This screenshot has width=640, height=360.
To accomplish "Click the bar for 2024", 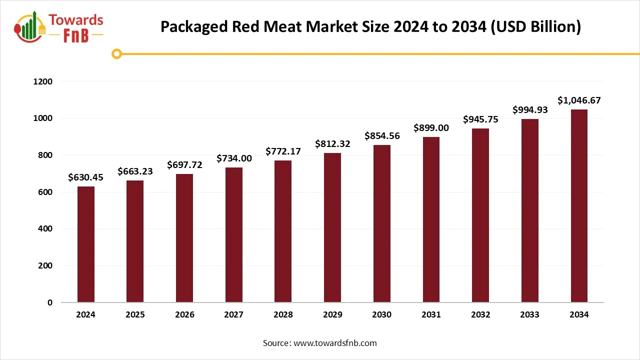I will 85,244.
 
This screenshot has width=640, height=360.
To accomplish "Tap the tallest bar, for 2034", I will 579,206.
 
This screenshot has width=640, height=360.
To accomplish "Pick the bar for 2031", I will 431,219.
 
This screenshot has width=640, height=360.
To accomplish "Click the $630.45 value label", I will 85,177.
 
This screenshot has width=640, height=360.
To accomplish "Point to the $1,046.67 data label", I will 579,100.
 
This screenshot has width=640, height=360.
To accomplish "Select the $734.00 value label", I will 234,158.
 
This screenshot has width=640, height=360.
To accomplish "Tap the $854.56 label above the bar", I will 382,136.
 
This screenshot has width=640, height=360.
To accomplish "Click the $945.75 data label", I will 480,119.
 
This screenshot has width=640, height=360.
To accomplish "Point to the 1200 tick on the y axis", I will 42,81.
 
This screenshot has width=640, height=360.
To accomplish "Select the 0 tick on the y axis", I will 49,302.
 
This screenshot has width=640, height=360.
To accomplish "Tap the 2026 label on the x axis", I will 184,315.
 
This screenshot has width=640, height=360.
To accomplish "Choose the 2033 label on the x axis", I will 529,315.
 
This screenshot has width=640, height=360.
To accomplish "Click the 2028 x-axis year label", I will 283,315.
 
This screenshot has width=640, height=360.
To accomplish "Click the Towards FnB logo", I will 59,27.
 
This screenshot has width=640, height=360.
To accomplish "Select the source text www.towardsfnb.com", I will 335,343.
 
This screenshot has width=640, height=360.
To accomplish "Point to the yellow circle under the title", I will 116,53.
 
